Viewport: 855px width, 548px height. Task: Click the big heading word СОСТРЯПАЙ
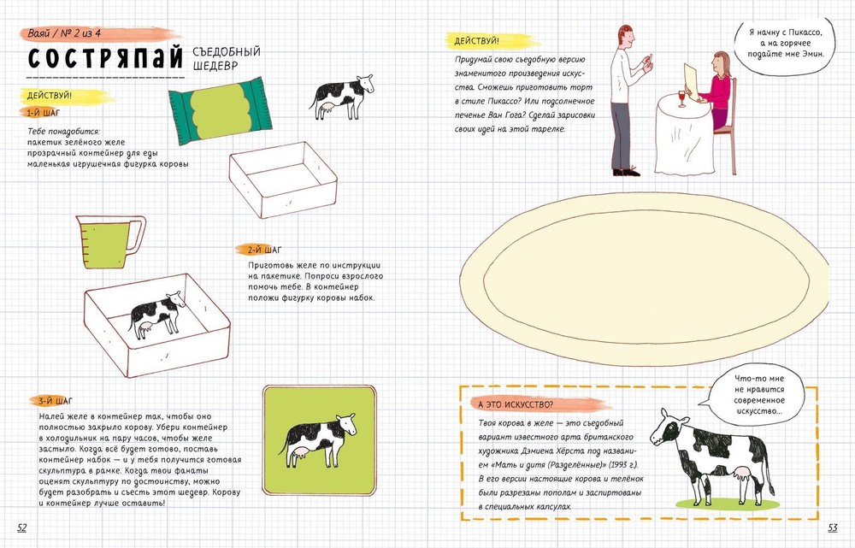pos(105,58)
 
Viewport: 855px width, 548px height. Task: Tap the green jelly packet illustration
pos(221,110)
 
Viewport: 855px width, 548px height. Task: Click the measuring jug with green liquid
pos(110,242)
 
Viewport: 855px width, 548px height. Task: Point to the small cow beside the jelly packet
pos(341,97)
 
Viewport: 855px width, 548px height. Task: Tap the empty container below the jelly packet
pos(283,180)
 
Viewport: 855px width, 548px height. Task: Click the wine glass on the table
pos(681,98)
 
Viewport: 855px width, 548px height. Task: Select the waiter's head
pos(627,38)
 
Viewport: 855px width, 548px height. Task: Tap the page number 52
pos(22,527)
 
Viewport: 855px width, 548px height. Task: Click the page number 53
pos(833,527)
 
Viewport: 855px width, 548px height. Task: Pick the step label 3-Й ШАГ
pos(55,401)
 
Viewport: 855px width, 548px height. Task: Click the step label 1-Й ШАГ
pos(43,113)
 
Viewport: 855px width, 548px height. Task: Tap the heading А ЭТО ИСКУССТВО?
pos(516,404)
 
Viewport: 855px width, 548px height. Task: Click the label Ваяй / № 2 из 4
pos(64,33)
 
